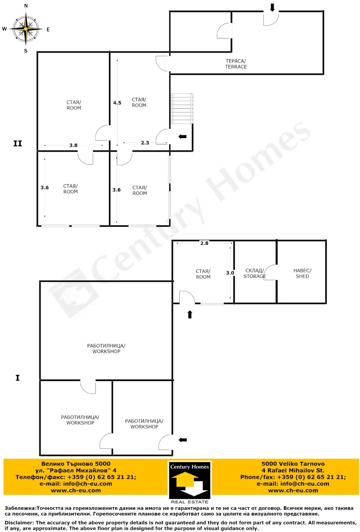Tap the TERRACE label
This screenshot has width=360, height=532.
pos(236,64)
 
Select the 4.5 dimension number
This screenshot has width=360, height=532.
pos(117,103)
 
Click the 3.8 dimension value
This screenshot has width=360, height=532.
pos(73,145)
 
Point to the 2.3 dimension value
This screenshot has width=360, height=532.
pos(145,143)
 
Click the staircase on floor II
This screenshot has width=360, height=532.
pos(182,108)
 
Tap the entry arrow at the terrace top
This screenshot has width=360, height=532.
pos(272,8)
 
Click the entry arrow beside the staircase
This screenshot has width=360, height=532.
pos(183,136)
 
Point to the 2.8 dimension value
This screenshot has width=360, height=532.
pos(204,243)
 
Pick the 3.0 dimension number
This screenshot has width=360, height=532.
pos(230,273)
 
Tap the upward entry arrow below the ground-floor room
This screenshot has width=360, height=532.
pos(189,315)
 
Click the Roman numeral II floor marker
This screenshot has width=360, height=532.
pos(17,144)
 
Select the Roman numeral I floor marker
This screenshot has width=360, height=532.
pos(17,378)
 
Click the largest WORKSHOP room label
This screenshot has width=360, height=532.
pos(106,348)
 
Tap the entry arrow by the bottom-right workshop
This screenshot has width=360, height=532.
pos(183,440)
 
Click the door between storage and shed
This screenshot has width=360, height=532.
pos(271,272)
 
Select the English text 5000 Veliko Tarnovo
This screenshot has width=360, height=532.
pos(293,464)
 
